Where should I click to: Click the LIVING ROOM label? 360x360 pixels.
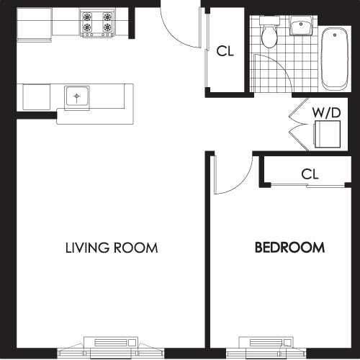[x=112, y=248]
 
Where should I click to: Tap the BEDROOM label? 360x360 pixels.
[x=289, y=248]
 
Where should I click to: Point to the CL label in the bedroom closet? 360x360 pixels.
[x=310, y=174]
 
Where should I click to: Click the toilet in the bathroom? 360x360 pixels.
[x=270, y=34]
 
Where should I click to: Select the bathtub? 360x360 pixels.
[x=334, y=58]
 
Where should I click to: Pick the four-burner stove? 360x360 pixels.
[x=97, y=23]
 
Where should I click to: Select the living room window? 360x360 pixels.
[x=111, y=344]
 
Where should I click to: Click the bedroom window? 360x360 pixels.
[x=267, y=344]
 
